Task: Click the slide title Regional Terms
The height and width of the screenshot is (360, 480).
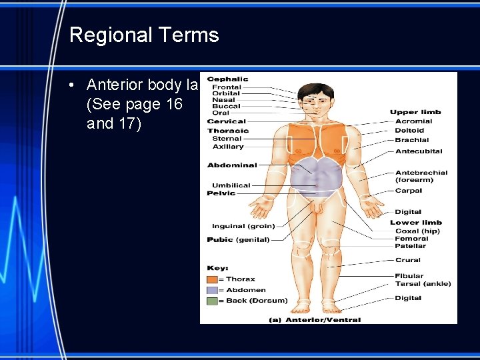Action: (x=144, y=35)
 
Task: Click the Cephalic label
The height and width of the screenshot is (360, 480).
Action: (x=227, y=79)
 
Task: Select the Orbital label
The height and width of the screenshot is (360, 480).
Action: (x=226, y=93)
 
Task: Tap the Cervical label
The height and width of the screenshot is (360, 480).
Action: (x=227, y=121)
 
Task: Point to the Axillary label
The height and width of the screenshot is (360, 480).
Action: (x=228, y=147)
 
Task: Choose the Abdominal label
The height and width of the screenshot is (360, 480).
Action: (x=232, y=165)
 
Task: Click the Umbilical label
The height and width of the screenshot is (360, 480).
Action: (x=231, y=185)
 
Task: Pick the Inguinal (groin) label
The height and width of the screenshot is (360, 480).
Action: (x=243, y=226)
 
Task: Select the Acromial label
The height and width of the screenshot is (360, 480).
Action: (x=413, y=121)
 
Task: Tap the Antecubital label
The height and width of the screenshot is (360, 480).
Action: (x=419, y=151)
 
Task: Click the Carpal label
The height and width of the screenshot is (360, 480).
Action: (x=409, y=191)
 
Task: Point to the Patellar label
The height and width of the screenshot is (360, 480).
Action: (x=411, y=246)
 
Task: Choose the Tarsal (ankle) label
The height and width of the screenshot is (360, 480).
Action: (x=423, y=283)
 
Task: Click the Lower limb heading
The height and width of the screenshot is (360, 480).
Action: (x=416, y=223)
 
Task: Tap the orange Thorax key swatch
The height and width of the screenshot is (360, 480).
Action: (x=213, y=279)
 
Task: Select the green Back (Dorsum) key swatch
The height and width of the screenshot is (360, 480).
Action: (x=213, y=301)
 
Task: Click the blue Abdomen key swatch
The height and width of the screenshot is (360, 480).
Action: (x=213, y=290)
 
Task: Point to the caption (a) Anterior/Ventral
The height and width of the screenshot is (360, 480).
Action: (x=314, y=320)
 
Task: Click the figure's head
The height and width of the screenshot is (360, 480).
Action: (x=316, y=99)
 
